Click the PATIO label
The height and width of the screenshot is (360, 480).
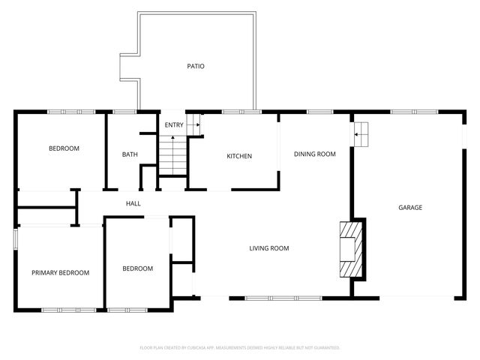pyautogui.click(x=196, y=67)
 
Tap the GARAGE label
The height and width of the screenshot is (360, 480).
pyautogui.click(x=409, y=208)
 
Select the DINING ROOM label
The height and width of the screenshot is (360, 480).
pyautogui.click(x=314, y=154)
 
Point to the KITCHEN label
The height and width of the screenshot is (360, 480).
pyautogui.click(x=239, y=156)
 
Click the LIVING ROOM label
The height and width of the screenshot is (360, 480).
pyautogui.click(x=269, y=248)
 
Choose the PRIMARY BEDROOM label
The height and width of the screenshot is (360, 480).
pyautogui.click(x=60, y=273)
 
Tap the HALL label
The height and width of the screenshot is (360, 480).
pyautogui.click(x=133, y=203)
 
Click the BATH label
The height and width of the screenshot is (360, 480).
pyautogui.click(x=130, y=155)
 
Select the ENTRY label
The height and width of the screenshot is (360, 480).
pyautogui.click(x=173, y=124)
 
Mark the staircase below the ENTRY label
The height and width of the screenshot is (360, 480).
pyautogui.click(x=172, y=156)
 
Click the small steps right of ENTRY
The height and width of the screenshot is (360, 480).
pyautogui.click(x=194, y=124)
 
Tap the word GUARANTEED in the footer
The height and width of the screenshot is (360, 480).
pyautogui.click(x=324, y=348)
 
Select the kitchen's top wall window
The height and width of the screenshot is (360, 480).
pyautogui.click(x=242, y=112)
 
